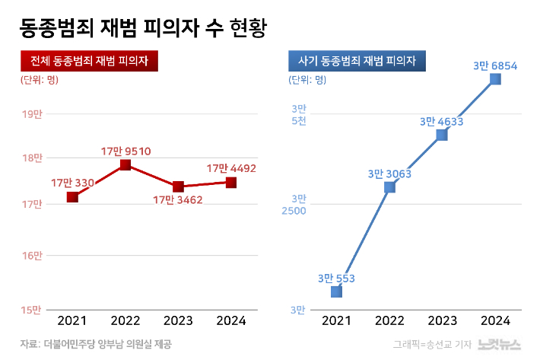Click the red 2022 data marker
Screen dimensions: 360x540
tap(125, 165)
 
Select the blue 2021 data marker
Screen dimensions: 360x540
tap(336, 292)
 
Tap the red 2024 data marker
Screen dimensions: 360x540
tap(231, 183)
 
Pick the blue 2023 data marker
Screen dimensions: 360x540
tap(442, 135)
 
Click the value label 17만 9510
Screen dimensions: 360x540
tap(126, 151)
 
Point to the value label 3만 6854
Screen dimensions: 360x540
tap(495, 66)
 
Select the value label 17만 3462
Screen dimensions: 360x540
tap(179, 200)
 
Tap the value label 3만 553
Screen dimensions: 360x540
tap(336, 278)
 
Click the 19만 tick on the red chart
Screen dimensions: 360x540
tap(32, 114)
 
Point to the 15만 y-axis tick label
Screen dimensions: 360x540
tap(32, 310)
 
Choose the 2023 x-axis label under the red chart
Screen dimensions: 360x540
tap(179, 320)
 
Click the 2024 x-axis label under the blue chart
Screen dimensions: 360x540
tap(495, 320)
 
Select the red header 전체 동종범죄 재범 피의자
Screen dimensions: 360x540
tap(89, 60)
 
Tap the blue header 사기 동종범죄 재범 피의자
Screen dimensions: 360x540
tap(357, 60)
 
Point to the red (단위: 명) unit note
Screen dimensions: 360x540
tap(39, 78)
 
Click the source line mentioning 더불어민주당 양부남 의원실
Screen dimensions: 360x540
tap(96, 344)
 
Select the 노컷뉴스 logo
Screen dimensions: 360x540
tap(500, 344)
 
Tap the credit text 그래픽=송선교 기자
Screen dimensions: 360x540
tap(430, 345)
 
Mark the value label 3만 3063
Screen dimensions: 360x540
tap(389, 174)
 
